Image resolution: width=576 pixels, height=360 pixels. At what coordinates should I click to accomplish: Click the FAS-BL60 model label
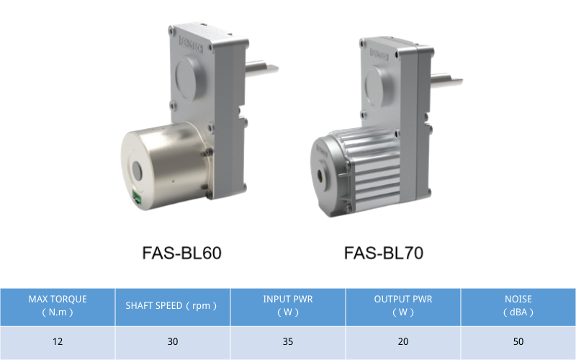coord(181,253)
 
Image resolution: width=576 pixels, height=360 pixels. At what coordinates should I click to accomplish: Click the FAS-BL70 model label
coord(384,253)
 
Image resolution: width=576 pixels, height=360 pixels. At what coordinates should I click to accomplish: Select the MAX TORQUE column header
coord(58,305)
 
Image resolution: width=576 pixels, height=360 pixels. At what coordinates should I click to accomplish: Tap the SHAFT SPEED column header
coord(171,305)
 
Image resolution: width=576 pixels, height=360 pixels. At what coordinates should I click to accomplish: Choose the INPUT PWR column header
coord(288,305)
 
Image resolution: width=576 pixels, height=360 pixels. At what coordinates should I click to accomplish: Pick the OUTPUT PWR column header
coord(403,305)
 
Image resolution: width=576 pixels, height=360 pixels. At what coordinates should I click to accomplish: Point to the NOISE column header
coord(518,305)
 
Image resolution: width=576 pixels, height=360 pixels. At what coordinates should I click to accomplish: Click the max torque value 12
coord(58,341)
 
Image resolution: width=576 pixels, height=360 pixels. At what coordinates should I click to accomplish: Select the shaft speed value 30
coord(173,341)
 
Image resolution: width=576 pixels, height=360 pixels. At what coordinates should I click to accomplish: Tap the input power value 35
coord(288,341)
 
